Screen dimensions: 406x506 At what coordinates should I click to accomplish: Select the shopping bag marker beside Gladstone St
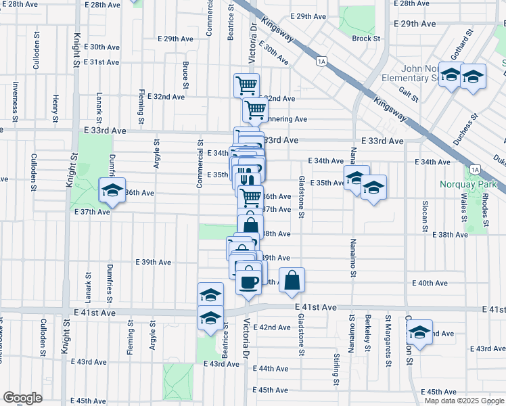(292, 281)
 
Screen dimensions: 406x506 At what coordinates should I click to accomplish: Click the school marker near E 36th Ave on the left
(112, 192)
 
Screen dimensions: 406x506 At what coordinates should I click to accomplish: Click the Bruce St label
(185, 75)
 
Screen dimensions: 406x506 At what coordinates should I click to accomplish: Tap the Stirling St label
(336, 369)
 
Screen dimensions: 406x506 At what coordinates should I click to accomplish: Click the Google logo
(22, 398)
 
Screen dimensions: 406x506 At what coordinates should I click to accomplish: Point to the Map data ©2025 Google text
(464, 401)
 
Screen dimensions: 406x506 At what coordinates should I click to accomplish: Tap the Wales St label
(465, 211)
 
